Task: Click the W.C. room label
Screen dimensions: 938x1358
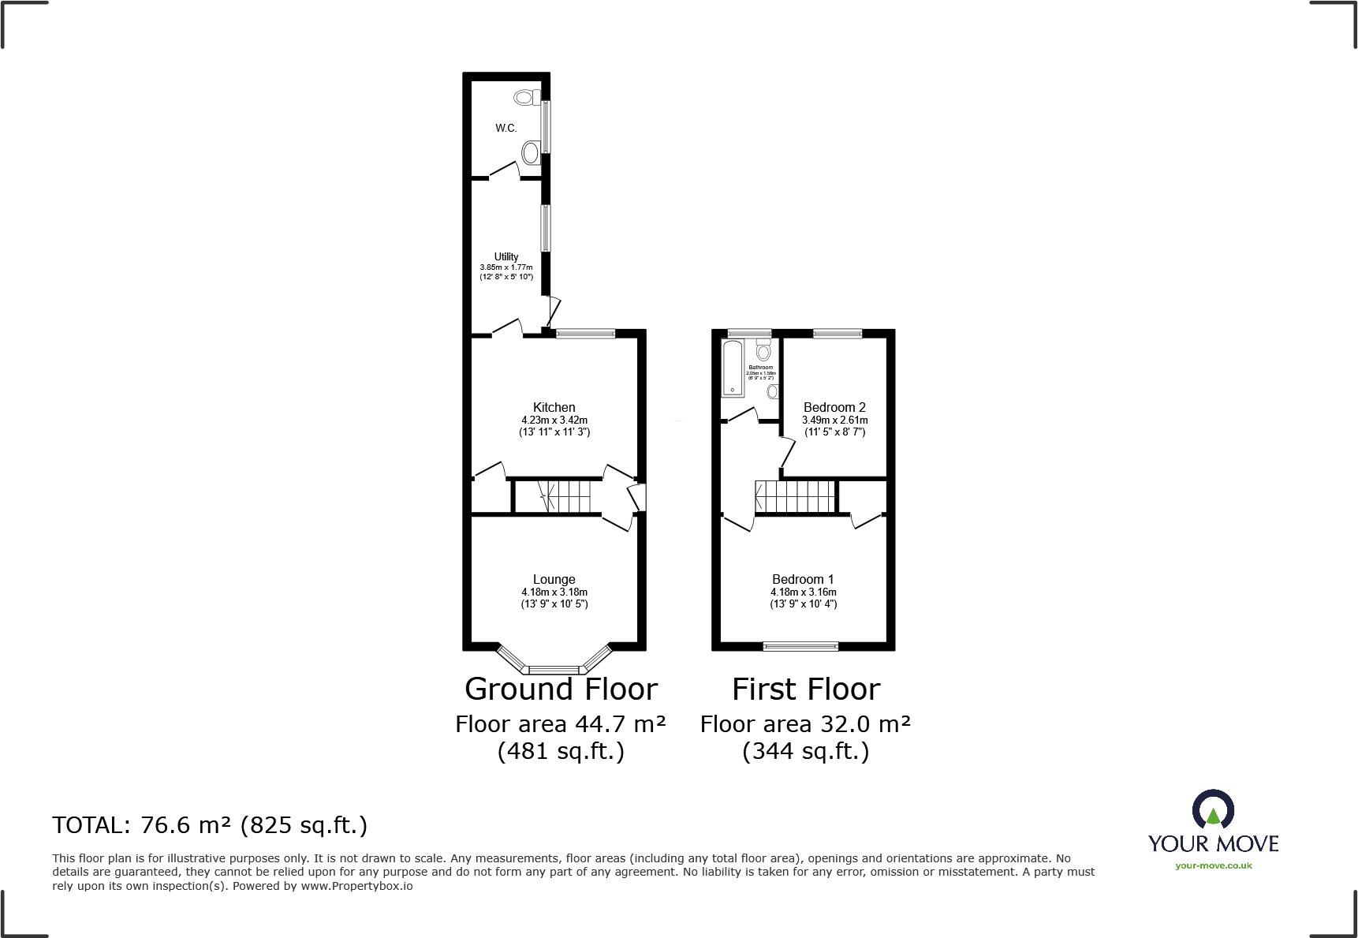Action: click(506, 128)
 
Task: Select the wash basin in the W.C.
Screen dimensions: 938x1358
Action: click(531, 151)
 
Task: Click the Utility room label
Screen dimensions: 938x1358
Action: click(506, 256)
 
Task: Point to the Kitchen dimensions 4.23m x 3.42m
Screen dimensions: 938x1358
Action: click(554, 420)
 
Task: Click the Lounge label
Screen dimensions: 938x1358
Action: click(554, 579)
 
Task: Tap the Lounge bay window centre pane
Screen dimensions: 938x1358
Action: click(554, 670)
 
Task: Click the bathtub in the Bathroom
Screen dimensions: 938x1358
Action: click(733, 368)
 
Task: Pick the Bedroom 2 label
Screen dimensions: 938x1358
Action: click(834, 407)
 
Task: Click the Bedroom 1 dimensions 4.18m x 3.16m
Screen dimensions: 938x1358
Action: click(803, 592)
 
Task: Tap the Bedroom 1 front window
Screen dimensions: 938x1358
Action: click(800, 647)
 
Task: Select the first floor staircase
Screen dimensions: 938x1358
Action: click(795, 497)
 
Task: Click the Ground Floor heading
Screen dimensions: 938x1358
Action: click(561, 689)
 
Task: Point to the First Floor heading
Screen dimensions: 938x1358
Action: click(805, 689)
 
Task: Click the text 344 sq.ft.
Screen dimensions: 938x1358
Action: click(805, 751)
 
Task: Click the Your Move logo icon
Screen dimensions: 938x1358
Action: click(1213, 810)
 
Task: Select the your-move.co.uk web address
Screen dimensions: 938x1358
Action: click(1213, 865)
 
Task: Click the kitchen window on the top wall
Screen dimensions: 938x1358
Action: click(584, 334)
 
